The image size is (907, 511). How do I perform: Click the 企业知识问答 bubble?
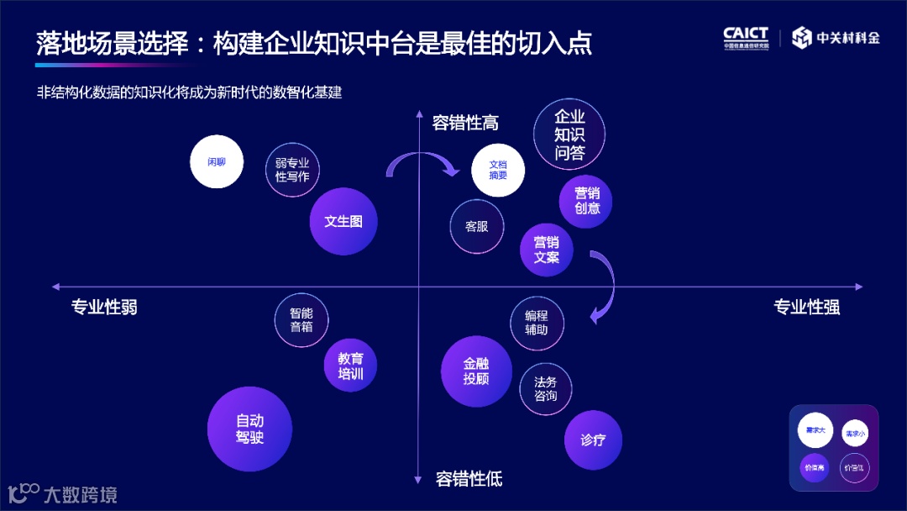point(569,135)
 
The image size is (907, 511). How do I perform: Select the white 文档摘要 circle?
point(498,170)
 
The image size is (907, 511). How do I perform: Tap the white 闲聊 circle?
point(217,161)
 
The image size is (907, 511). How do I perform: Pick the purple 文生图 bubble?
point(343,221)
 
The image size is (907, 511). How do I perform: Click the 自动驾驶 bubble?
point(249,429)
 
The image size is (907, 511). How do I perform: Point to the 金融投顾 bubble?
point(476,371)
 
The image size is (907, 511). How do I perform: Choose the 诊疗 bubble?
point(593,440)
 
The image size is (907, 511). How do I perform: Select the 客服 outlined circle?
point(476,226)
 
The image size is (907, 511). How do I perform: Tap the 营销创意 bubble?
point(586,201)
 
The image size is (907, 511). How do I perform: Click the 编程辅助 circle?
point(537,323)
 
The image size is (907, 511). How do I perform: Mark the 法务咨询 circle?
point(546,388)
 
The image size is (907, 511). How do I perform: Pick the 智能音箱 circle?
point(301,319)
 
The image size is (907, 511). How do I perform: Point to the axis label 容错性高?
point(465,123)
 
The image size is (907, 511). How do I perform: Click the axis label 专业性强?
point(806,307)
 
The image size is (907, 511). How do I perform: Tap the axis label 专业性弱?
point(104,307)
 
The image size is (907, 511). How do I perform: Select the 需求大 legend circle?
point(815,430)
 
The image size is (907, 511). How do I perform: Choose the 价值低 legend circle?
point(854,466)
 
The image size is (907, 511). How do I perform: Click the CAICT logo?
point(746,38)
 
